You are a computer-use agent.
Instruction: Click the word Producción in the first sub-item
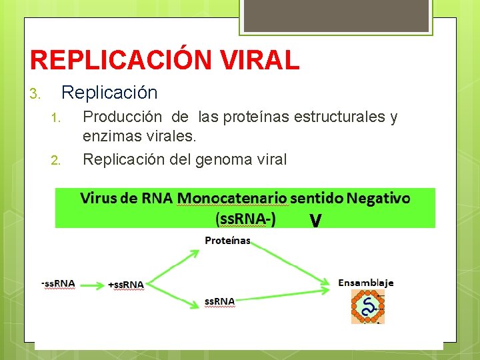pos(121,117)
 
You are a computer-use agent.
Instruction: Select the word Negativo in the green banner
pos(378,198)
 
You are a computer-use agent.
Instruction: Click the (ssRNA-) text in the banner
pos(245,219)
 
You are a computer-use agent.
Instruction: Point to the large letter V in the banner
pos(316,220)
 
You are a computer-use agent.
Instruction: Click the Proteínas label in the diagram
pos(227,241)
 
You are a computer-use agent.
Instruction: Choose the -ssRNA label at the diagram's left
pos(58,283)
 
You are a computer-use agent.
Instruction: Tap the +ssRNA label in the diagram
pos(126,285)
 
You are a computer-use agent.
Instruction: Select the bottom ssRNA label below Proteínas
pos(219,302)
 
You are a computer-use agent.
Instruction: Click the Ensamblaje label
pos(366,283)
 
